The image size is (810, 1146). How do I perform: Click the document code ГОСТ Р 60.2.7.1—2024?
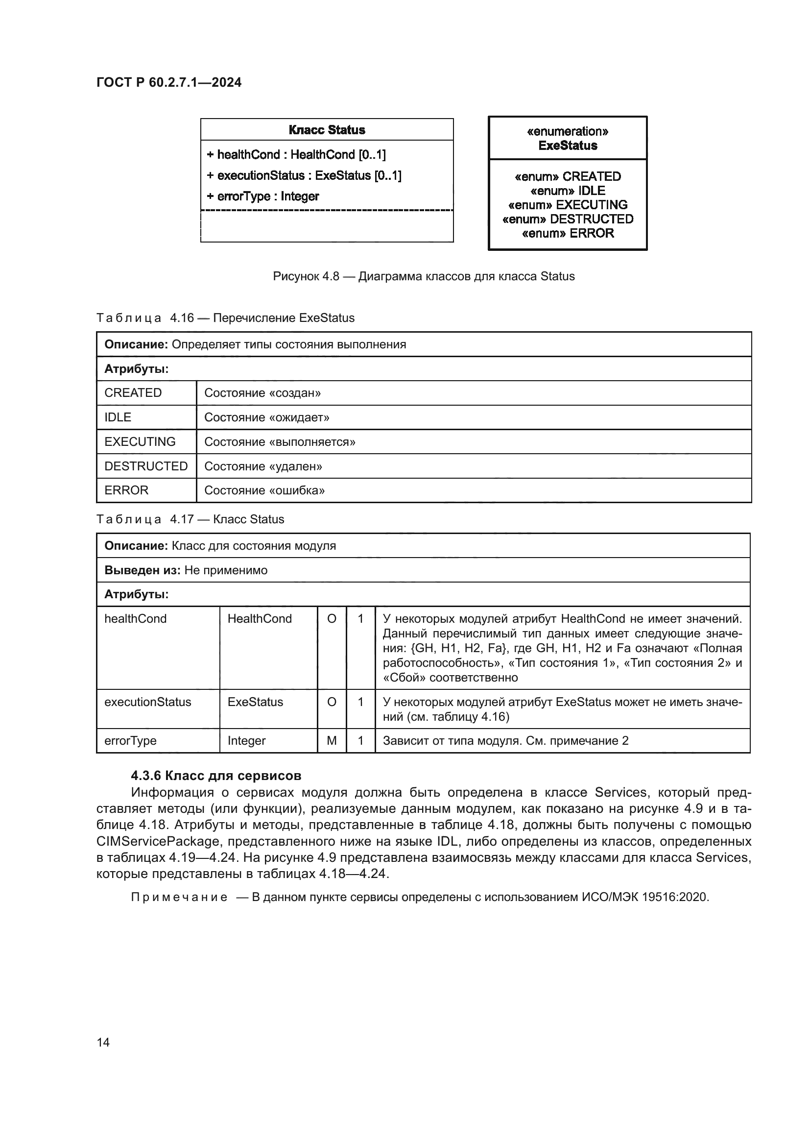168,82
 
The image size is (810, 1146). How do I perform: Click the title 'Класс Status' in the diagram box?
327,130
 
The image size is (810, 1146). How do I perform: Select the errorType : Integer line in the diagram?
263,196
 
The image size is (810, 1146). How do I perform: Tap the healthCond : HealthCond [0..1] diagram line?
296,155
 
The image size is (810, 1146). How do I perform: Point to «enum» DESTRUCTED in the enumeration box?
568,219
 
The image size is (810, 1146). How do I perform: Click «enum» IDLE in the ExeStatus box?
568,191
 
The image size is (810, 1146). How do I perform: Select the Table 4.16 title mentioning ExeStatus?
225,318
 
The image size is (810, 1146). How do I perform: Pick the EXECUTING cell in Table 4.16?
140,442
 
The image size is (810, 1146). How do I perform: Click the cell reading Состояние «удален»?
263,466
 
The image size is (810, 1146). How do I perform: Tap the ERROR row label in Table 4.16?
126,490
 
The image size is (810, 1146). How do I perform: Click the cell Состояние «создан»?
262,393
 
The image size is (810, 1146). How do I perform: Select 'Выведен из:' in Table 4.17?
142,570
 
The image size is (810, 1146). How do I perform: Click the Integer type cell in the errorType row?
246,741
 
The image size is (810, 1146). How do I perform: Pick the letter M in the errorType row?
332,741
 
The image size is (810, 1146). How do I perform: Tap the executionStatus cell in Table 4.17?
147,702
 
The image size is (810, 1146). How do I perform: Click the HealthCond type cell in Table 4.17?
260,618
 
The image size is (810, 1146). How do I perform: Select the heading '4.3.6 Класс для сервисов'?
216,776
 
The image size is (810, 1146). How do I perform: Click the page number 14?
103,1042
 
